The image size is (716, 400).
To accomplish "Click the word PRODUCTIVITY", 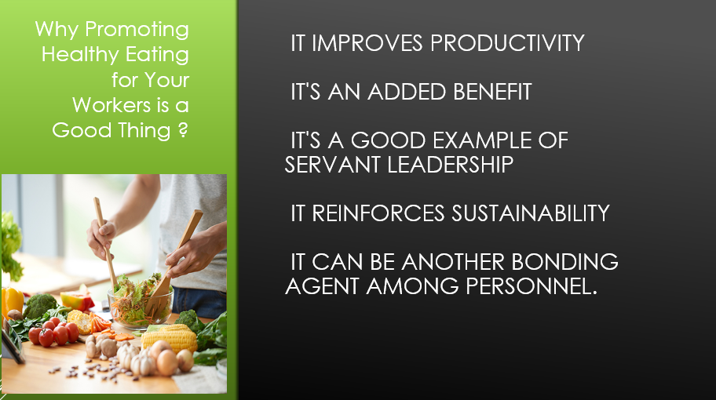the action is pyautogui.click(x=507, y=43).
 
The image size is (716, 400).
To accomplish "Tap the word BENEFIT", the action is pyautogui.click(x=492, y=92).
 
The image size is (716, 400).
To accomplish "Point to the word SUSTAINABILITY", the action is pyautogui.click(x=531, y=213).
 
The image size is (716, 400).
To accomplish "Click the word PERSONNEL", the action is pyautogui.click(x=532, y=286).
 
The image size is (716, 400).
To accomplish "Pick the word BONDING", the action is pyautogui.click(x=564, y=262).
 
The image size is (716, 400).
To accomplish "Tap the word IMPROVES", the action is pyautogui.click(x=367, y=43).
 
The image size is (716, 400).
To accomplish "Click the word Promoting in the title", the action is pyautogui.click(x=137, y=30).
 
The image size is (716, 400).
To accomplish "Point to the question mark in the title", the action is pyautogui.click(x=183, y=130).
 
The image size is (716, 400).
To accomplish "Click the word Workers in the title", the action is pyautogui.click(x=111, y=105).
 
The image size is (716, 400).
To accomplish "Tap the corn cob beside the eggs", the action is pyautogui.click(x=170, y=338).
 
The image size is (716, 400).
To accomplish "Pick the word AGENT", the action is pyautogui.click(x=322, y=286).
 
